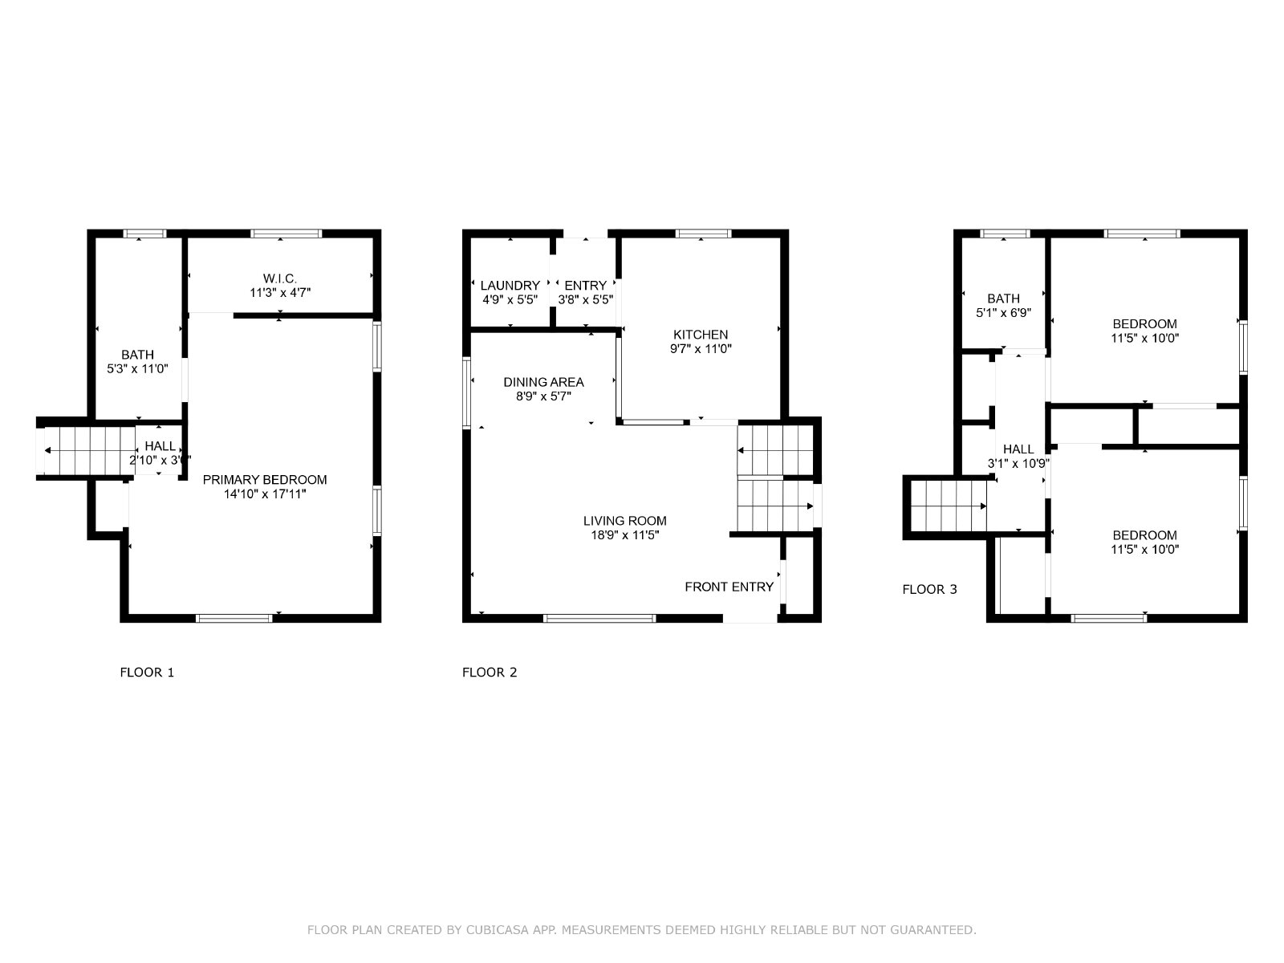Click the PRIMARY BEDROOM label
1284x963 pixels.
pos(264,479)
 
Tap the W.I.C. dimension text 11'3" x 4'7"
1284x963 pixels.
pos(279,292)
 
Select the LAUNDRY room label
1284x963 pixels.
pos(510,286)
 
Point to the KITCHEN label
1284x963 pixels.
pos(701,335)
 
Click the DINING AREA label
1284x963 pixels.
pos(543,382)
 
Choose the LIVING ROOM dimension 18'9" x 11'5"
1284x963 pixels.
pos(624,535)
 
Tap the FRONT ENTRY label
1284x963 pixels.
pos(729,587)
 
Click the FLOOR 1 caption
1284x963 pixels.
pos(147,672)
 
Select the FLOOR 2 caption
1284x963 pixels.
pos(490,672)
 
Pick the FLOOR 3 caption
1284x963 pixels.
pos(929,589)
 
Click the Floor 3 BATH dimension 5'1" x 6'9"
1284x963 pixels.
pos(1003,313)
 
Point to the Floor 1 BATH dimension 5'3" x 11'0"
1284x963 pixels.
pos(137,369)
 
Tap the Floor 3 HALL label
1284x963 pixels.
pos(1018,449)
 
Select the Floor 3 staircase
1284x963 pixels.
pos(949,506)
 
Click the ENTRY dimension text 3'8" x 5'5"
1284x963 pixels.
pos(585,300)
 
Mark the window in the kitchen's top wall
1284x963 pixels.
pos(703,234)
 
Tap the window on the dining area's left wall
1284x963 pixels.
pos(467,393)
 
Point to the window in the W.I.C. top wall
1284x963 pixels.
pos(286,234)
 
